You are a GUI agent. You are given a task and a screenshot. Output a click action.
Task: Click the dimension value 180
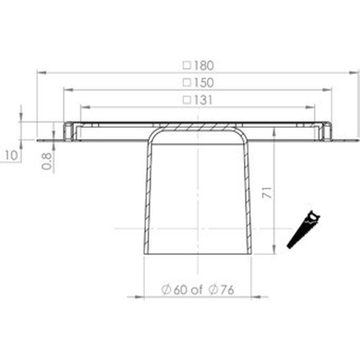tap(202, 66)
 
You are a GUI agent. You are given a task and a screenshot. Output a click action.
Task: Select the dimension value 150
tap(202, 83)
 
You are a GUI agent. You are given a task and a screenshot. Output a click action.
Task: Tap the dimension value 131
tap(202, 100)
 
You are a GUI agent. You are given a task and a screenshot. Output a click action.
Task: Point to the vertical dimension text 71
tap(267, 193)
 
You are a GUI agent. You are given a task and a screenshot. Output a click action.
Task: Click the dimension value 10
tap(12, 156)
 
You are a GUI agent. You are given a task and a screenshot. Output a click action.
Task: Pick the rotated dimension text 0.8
tap(47, 161)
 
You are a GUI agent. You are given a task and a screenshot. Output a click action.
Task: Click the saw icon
tap(303, 229)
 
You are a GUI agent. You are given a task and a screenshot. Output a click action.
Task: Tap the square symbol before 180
tap(187, 66)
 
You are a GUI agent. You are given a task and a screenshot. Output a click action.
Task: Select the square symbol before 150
tap(187, 83)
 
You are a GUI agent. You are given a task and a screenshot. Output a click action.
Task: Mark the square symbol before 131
tap(187, 100)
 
